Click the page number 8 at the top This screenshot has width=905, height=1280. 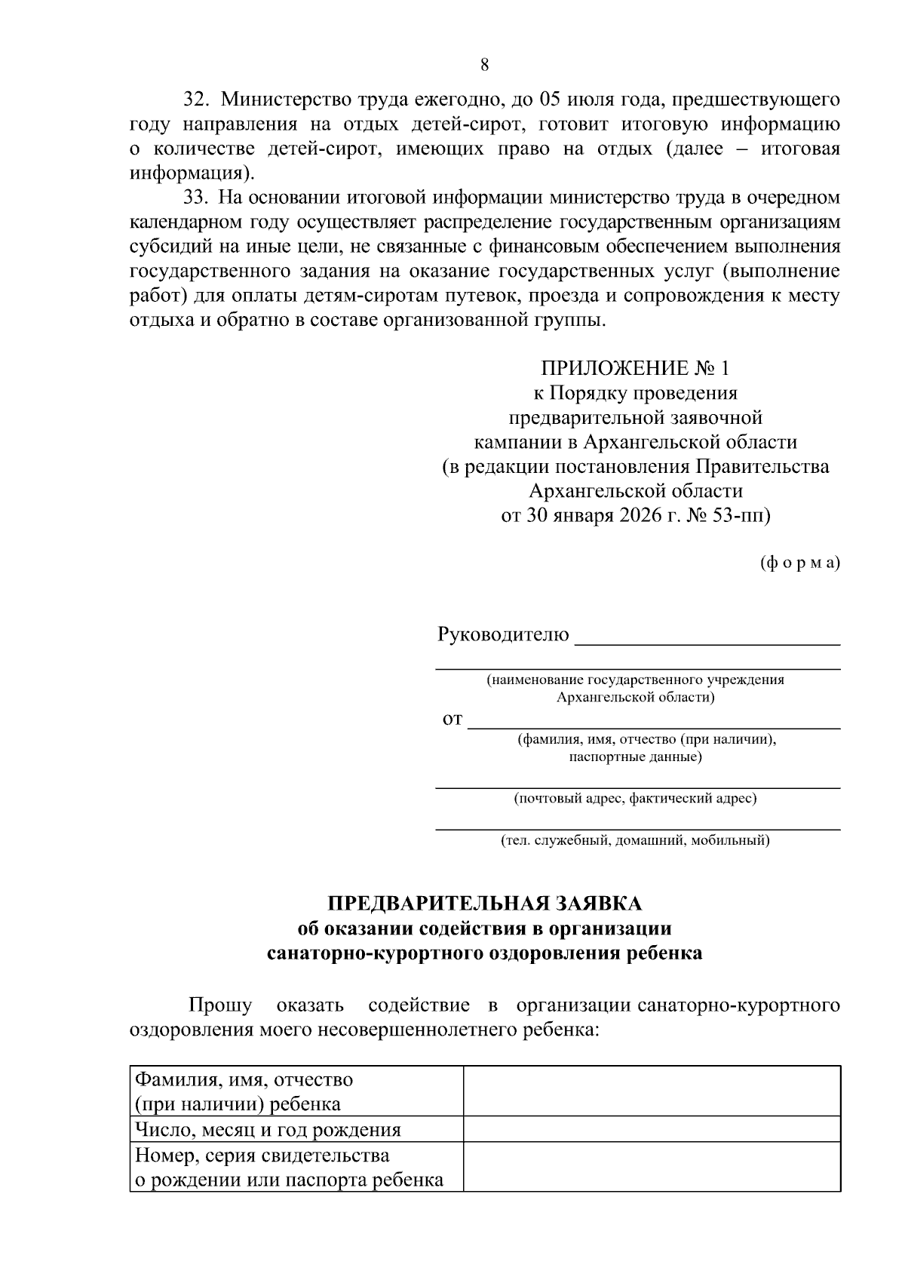(484, 65)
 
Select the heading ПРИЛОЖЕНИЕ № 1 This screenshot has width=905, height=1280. (635, 368)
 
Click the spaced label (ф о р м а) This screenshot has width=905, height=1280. (799, 563)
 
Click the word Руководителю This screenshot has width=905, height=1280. (503, 634)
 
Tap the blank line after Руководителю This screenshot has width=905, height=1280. (707, 643)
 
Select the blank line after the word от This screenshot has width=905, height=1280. (654, 726)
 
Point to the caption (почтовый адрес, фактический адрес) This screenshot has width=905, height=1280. (635, 797)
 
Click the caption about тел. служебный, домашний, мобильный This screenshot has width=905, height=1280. (635, 840)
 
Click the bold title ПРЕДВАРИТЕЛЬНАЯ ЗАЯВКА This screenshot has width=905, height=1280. (484, 904)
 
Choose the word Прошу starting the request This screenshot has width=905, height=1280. (220, 1005)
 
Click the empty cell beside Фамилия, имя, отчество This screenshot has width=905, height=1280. (652, 1091)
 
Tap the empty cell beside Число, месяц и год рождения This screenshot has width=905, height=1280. (652, 1129)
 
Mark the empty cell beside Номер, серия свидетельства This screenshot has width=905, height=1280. (652, 1166)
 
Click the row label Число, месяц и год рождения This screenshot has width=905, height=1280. (268, 1130)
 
